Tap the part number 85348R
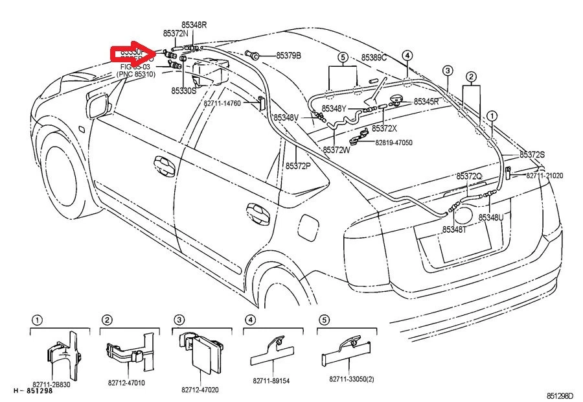coord(193,25)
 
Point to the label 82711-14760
coord(231,103)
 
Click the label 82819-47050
coord(394,142)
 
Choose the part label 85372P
coord(298,166)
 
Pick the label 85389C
coord(374,58)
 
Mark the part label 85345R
coord(426,102)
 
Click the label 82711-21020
coord(544,176)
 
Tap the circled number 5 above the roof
coord(343,57)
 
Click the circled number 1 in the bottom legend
coord(38,320)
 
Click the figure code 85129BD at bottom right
coord(560,396)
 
